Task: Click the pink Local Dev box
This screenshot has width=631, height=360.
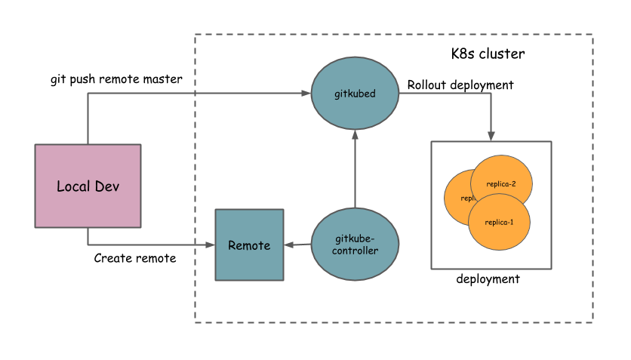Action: coord(88,186)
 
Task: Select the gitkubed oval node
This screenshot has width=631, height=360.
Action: coord(355,94)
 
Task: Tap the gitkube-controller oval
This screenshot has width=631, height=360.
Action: coord(355,245)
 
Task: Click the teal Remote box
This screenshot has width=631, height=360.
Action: coord(249,245)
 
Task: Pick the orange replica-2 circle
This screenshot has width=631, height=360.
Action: coord(502,183)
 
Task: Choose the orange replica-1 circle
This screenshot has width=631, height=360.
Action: coord(499,222)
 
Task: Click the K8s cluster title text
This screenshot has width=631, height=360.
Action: coord(483,54)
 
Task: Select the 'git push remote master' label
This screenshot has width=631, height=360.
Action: coord(116,79)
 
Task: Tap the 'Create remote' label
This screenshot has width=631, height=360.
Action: coord(135,258)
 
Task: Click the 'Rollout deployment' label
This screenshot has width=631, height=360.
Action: coord(460,85)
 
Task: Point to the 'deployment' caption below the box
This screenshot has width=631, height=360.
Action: coord(488,279)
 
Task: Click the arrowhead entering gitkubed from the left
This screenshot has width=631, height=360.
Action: coord(306,94)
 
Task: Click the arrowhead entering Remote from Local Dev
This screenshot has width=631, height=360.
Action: coord(211,245)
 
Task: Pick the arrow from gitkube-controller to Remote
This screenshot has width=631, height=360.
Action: coord(297,245)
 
